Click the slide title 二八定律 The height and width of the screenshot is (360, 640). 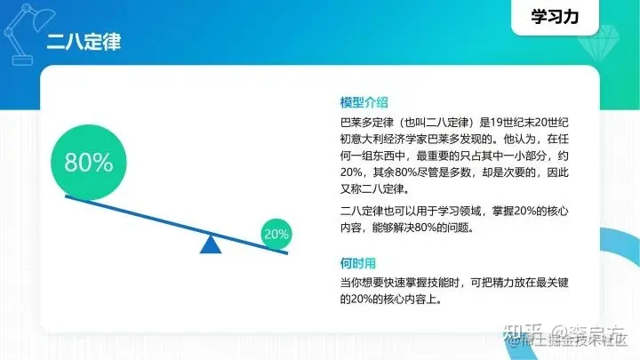click(x=84, y=41)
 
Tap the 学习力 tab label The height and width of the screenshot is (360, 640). click(x=555, y=18)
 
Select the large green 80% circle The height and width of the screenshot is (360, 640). click(x=88, y=163)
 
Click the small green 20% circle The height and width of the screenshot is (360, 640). click(x=276, y=235)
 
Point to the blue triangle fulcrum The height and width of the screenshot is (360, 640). click(x=211, y=244)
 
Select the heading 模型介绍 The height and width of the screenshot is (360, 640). click(x=364, y=102)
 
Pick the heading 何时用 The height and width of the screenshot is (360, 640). click(x=358, y=263)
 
